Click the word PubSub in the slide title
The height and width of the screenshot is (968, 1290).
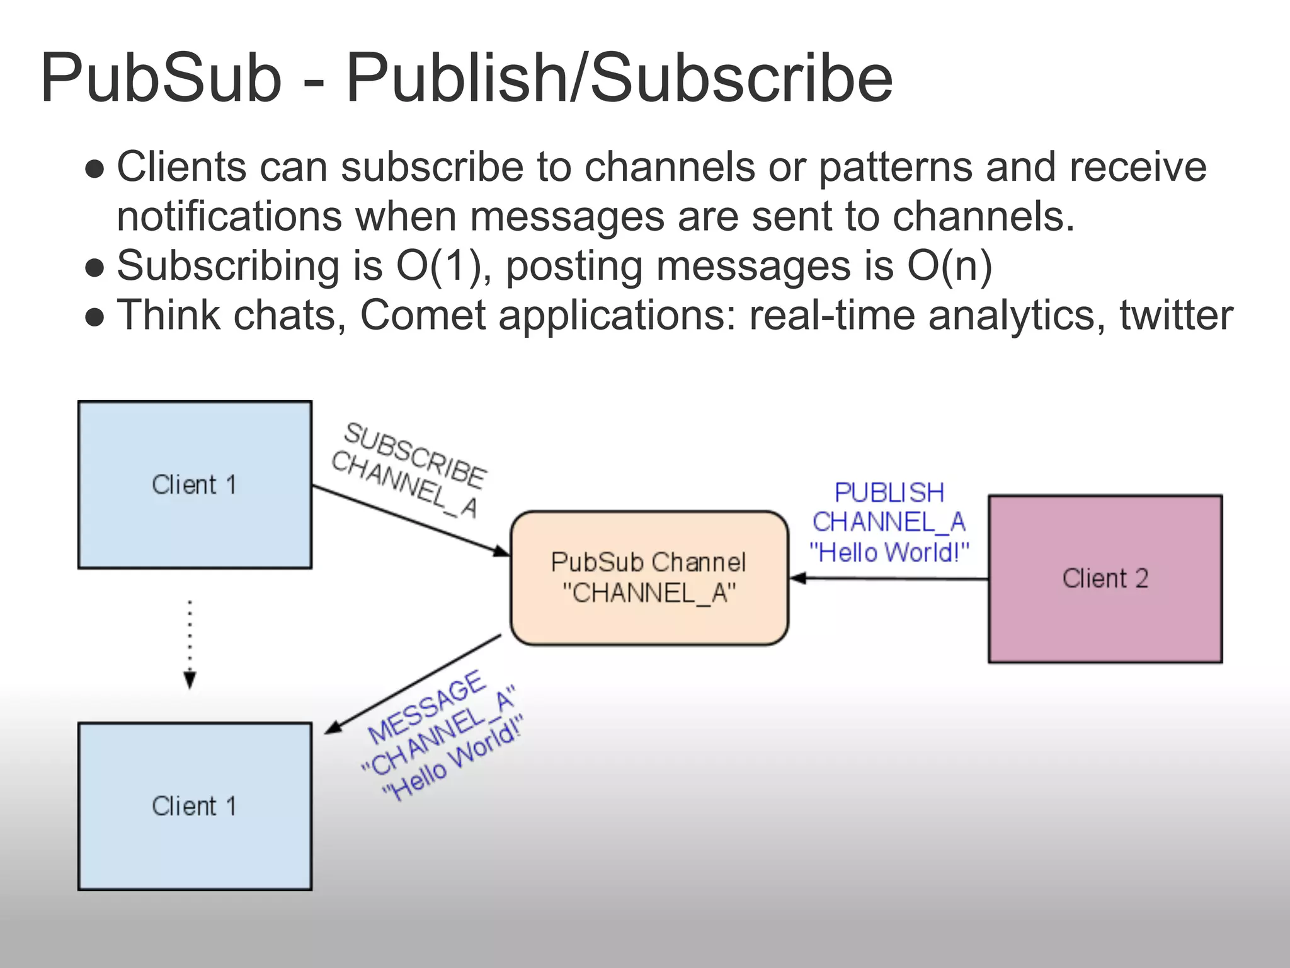tap(161, 79)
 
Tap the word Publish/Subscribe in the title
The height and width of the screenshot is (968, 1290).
tap(619, 79)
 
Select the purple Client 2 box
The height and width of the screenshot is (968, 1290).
tap(1105, 579)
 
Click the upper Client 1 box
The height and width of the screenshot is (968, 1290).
tap(195, 485)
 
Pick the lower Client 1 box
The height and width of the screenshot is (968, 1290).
tap(195, 806)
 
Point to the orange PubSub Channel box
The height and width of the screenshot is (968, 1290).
tap(649, 578)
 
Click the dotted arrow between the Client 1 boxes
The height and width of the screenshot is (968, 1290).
tap(190, 643)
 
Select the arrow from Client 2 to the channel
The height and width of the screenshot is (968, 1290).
tap(888, 578)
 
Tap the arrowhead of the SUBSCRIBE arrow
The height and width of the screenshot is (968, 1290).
tap(501, 551)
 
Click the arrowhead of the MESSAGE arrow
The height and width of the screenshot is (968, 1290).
tap(333, 728)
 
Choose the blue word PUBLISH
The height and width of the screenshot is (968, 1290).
tap(889, 493)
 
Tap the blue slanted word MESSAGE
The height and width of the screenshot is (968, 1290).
tap(426, 707)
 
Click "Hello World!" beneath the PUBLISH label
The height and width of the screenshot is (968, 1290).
tap(889, 553)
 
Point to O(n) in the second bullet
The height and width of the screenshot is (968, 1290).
tap(949, 265)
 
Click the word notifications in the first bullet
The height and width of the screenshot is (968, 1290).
tap(230, 216)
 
